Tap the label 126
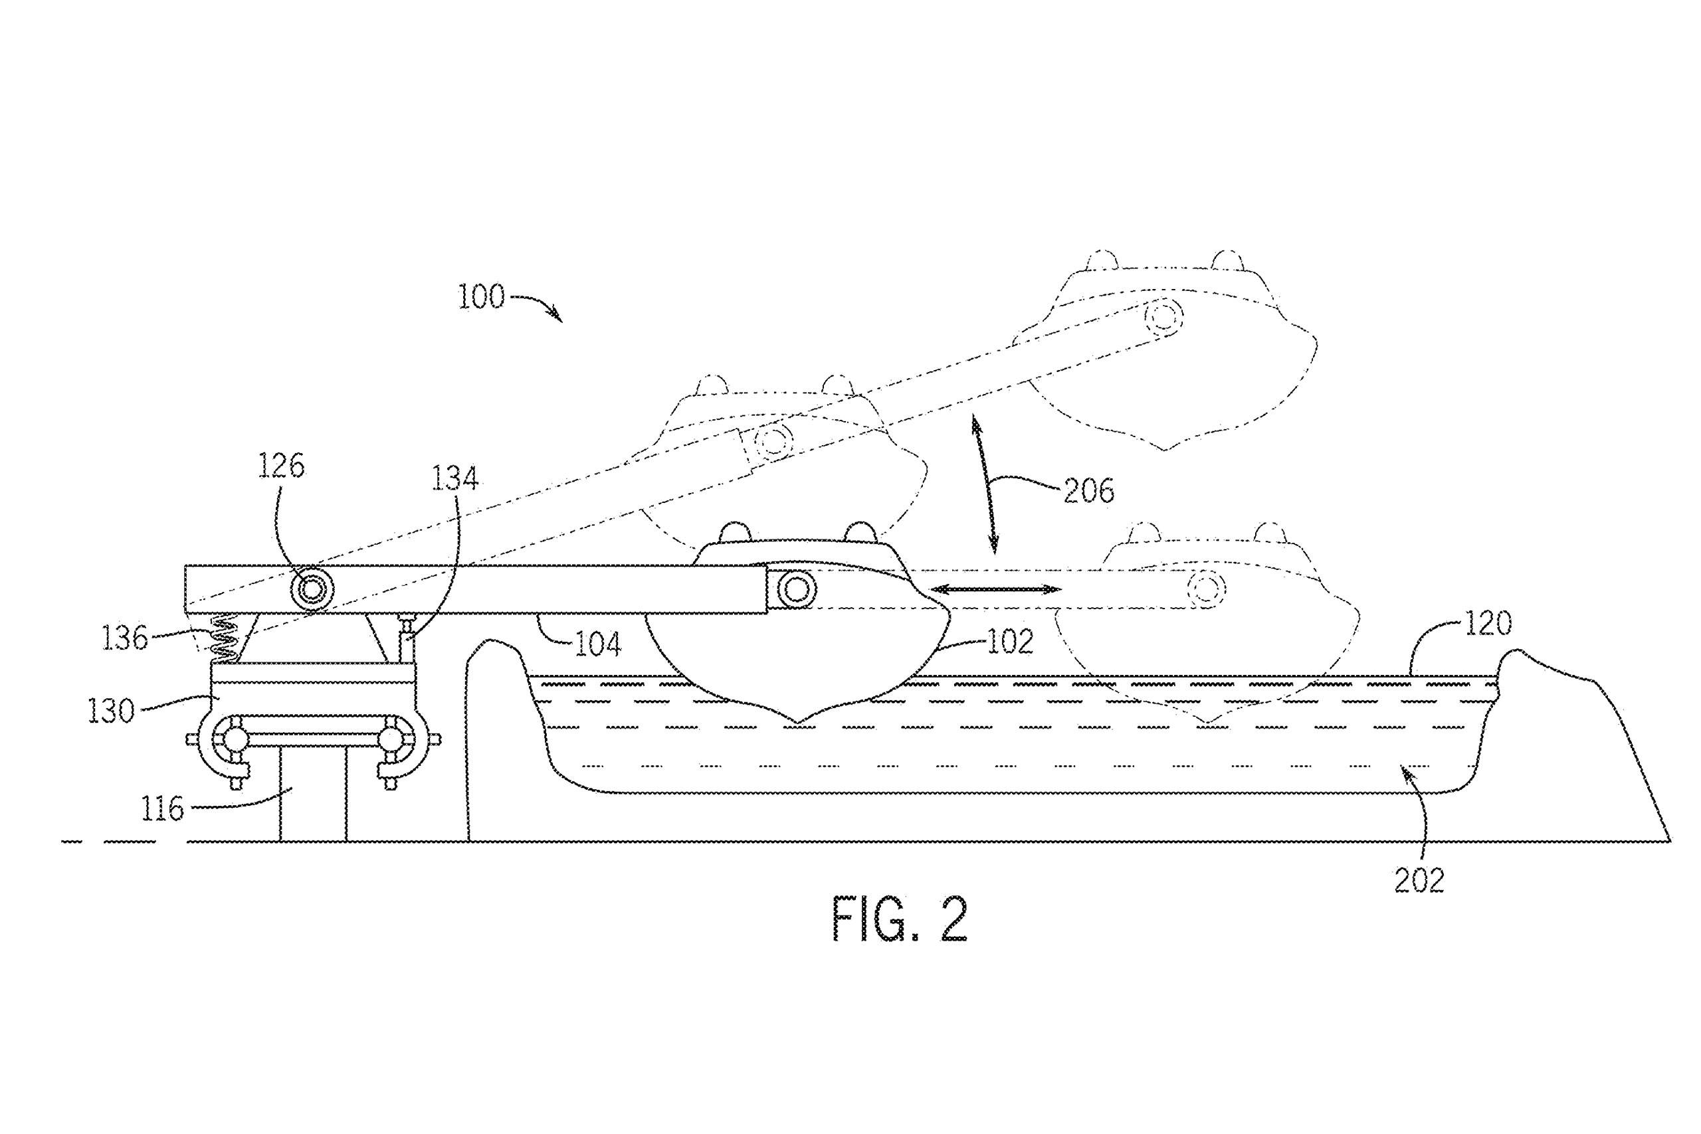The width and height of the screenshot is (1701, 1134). point(281,467)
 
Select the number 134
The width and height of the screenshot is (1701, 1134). point(456,479)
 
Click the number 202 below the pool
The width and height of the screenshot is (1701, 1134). point(1419,881)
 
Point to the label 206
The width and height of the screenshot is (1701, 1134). point(1089,492)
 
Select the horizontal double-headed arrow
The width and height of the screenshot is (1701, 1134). point(995,590)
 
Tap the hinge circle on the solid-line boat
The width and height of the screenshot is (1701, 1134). point(795,590)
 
